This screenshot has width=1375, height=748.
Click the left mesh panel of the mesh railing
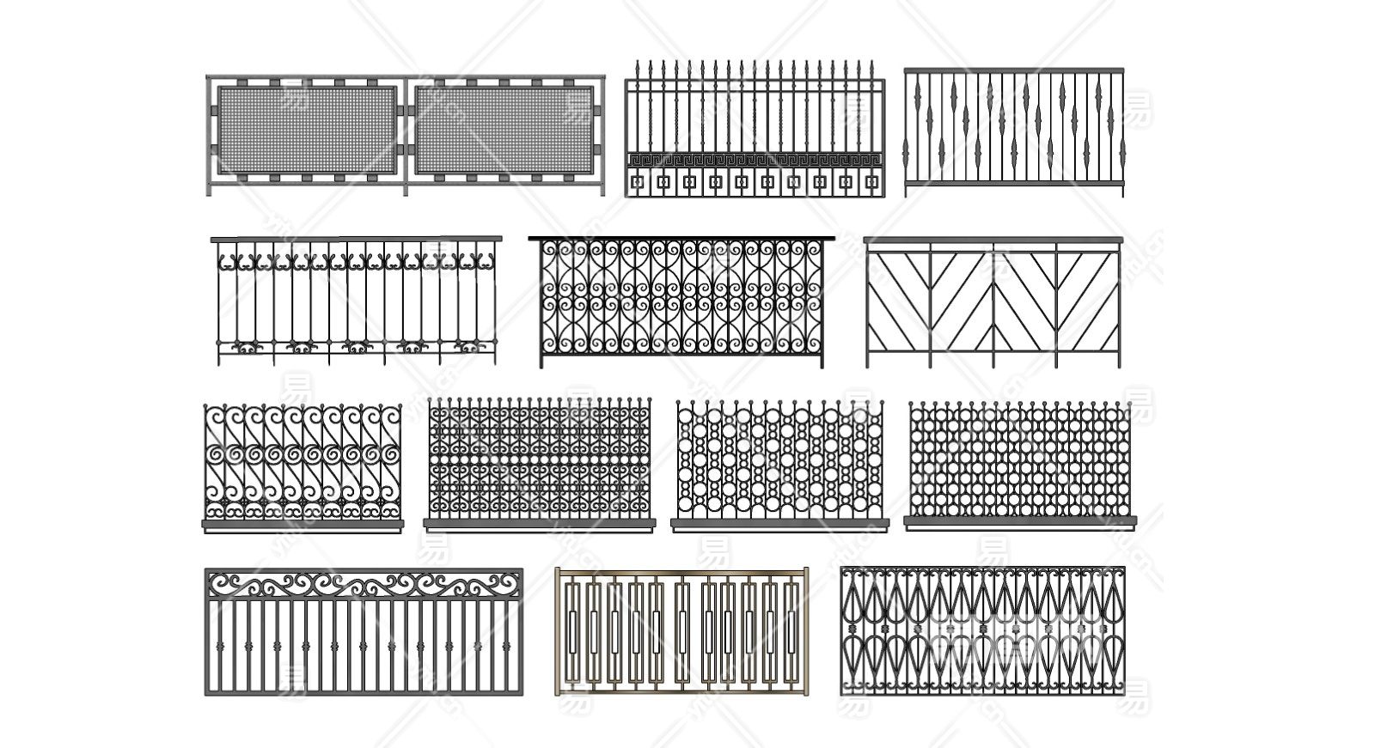306,129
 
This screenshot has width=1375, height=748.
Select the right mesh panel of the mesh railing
504,129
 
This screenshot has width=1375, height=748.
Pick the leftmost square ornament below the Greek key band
638,182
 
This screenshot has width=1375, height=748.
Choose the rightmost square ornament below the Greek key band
871,182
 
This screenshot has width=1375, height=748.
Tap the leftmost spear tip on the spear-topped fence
638,67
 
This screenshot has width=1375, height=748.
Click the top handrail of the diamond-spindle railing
1014,70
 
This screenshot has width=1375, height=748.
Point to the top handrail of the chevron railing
993,240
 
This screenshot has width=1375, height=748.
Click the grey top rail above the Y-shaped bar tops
356,239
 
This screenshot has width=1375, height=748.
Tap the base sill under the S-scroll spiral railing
302,523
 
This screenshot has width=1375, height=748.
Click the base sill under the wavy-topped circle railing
778,523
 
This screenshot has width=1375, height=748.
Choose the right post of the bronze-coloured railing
804,631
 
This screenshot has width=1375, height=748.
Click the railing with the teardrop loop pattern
982,631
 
